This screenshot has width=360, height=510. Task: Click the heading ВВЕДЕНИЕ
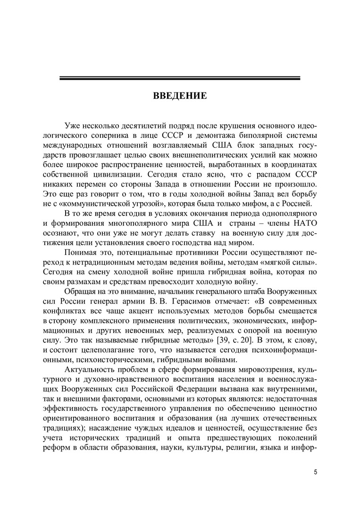click(180, 96)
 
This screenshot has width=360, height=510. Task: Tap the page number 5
click(315, 472)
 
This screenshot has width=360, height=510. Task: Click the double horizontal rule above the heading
click(180, 78)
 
